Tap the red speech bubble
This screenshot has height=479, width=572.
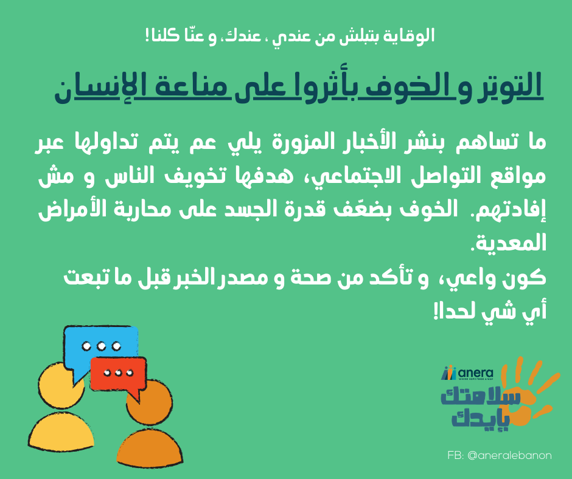[x=118, y=373]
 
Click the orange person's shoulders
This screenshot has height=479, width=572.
[x=150, y=449]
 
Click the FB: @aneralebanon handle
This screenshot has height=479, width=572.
[x=500, y=455]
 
